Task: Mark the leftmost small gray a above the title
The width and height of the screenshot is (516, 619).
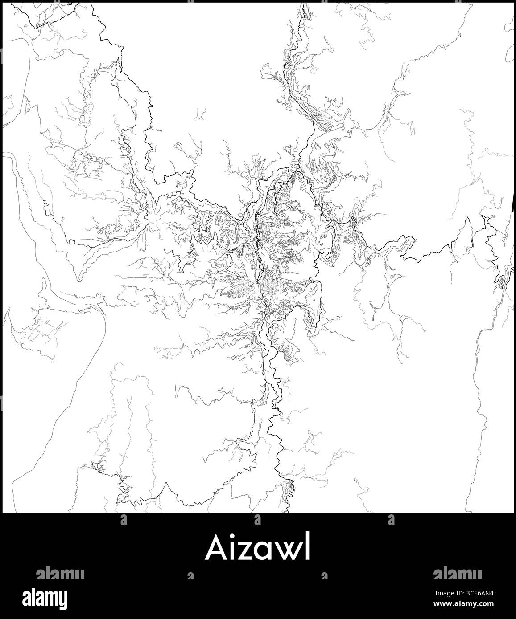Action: pos(124,519)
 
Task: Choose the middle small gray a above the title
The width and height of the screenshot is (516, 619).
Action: pos(257,519)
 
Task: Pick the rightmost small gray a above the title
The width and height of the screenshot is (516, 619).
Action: pos(391,519)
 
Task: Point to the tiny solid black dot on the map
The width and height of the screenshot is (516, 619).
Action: pos(314,301)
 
